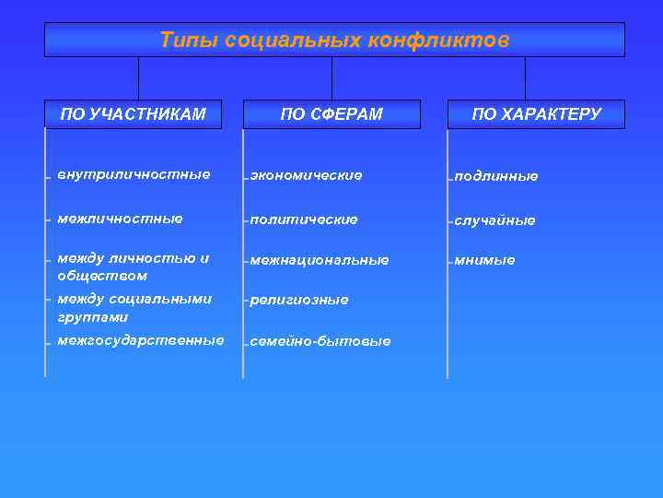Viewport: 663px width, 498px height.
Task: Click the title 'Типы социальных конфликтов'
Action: pos(333,41)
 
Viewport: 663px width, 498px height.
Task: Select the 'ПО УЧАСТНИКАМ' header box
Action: pos(133,114)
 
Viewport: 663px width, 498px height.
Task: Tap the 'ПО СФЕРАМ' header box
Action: pos(331,114)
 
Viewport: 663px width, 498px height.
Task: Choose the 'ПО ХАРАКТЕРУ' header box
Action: pos(536,114)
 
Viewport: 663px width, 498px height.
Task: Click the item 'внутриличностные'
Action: pos(134,174)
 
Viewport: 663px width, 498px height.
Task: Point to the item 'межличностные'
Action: pos(120,219)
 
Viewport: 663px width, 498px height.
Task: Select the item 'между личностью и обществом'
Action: pos(133,267)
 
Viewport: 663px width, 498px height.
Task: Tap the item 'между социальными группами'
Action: pos(134,308)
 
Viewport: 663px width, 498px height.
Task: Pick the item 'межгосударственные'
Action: pos(140,340)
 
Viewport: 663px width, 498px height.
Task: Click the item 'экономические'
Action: pos(306,175)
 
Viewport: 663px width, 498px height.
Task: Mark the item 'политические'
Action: pos(303,219)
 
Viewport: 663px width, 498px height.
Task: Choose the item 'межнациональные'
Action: pos(319,260)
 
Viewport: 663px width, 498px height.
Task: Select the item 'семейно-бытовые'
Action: pos(320,341)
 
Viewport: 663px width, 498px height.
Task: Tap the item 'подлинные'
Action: pos(495,176)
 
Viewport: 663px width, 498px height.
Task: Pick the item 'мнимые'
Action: pos(483,260)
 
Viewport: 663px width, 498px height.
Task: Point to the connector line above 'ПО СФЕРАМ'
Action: pos(331,78)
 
